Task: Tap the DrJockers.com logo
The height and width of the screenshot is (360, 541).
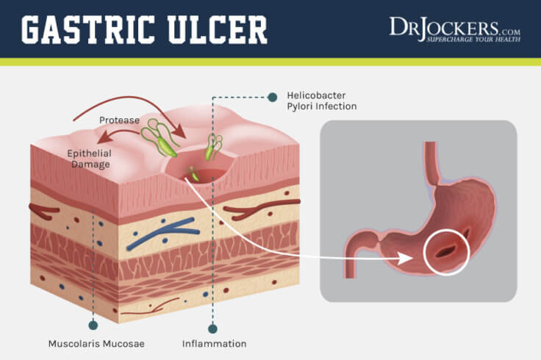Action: [x=454, y=28]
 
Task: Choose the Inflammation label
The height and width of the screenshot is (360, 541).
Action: [x=214, y=343]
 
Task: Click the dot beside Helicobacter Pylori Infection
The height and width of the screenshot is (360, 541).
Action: [x=273, y=96]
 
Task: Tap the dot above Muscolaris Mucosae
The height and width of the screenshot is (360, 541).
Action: [x=93, y=324]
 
